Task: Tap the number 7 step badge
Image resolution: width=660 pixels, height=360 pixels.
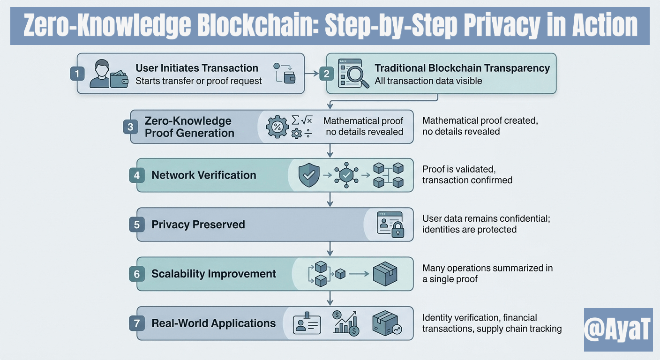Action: [137, 323]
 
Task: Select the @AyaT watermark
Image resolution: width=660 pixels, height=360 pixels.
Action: [618, 330]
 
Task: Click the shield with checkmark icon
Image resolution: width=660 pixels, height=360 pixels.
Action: [309, 175]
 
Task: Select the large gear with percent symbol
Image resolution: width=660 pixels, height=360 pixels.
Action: [277, 127]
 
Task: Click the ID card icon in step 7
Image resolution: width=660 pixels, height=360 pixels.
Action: [307, 323]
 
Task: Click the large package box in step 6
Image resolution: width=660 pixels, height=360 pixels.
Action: [385, 273]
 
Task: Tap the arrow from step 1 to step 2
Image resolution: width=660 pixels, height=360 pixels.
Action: [311, 74]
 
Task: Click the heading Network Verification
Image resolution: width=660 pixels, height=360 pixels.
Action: [204, 175]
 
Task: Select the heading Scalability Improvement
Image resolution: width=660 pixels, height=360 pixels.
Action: [214, 274]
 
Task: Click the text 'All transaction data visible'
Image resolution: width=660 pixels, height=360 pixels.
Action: [428, 81]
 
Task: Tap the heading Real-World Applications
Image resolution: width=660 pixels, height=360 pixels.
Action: [214, 323]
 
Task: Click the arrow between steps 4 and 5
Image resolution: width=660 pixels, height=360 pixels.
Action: [330, 200]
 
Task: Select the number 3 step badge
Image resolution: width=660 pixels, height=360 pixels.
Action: [130, 127]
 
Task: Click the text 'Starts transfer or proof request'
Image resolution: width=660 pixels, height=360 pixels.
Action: [199, 81]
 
